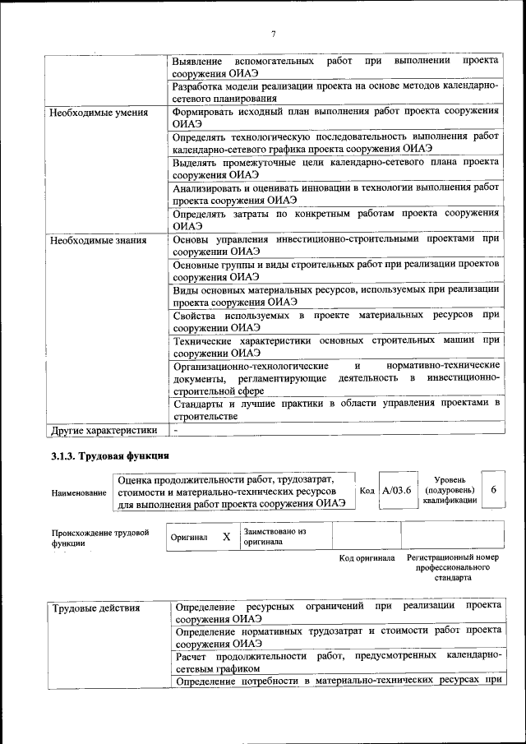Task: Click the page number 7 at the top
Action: pyautogui.click(x=272, y=34)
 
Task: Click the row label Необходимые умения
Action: pyautogui.click(x=99, y=113)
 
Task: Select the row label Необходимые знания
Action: pyautogui.click(x=98, y=241)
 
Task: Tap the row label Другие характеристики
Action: pyautogui.click(x=104, y=429)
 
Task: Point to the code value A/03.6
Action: pyautogui.click(x=397, y=491)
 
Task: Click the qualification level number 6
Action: pyautogui.click(x=493, y=490)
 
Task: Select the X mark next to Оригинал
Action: pyautogui.click(x=227, y=536)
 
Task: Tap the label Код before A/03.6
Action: pyautogui.click(x=367, y=491)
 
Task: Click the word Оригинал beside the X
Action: pyautogui.click(x=189, y=537)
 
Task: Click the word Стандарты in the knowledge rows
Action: pyautogui.click(x=201, y=403)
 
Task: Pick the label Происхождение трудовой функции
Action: pyautogui.click(x=99, y=538)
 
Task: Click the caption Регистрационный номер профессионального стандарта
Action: pyautogui.click(x=453, y=567)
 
